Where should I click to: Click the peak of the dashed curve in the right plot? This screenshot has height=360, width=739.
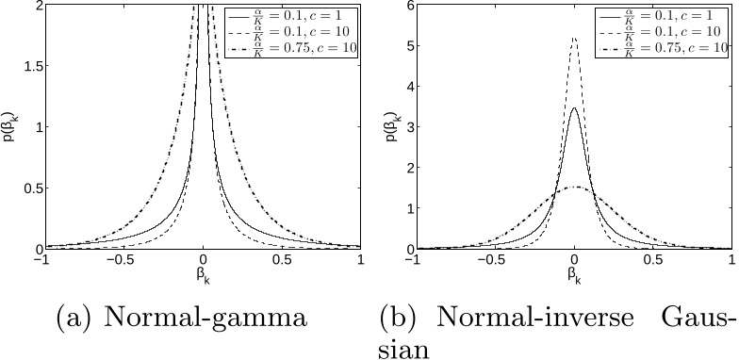pos(574,39)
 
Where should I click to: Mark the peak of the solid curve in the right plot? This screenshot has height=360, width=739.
pos(574,108)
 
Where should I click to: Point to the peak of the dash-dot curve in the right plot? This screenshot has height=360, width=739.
pos(574,188)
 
